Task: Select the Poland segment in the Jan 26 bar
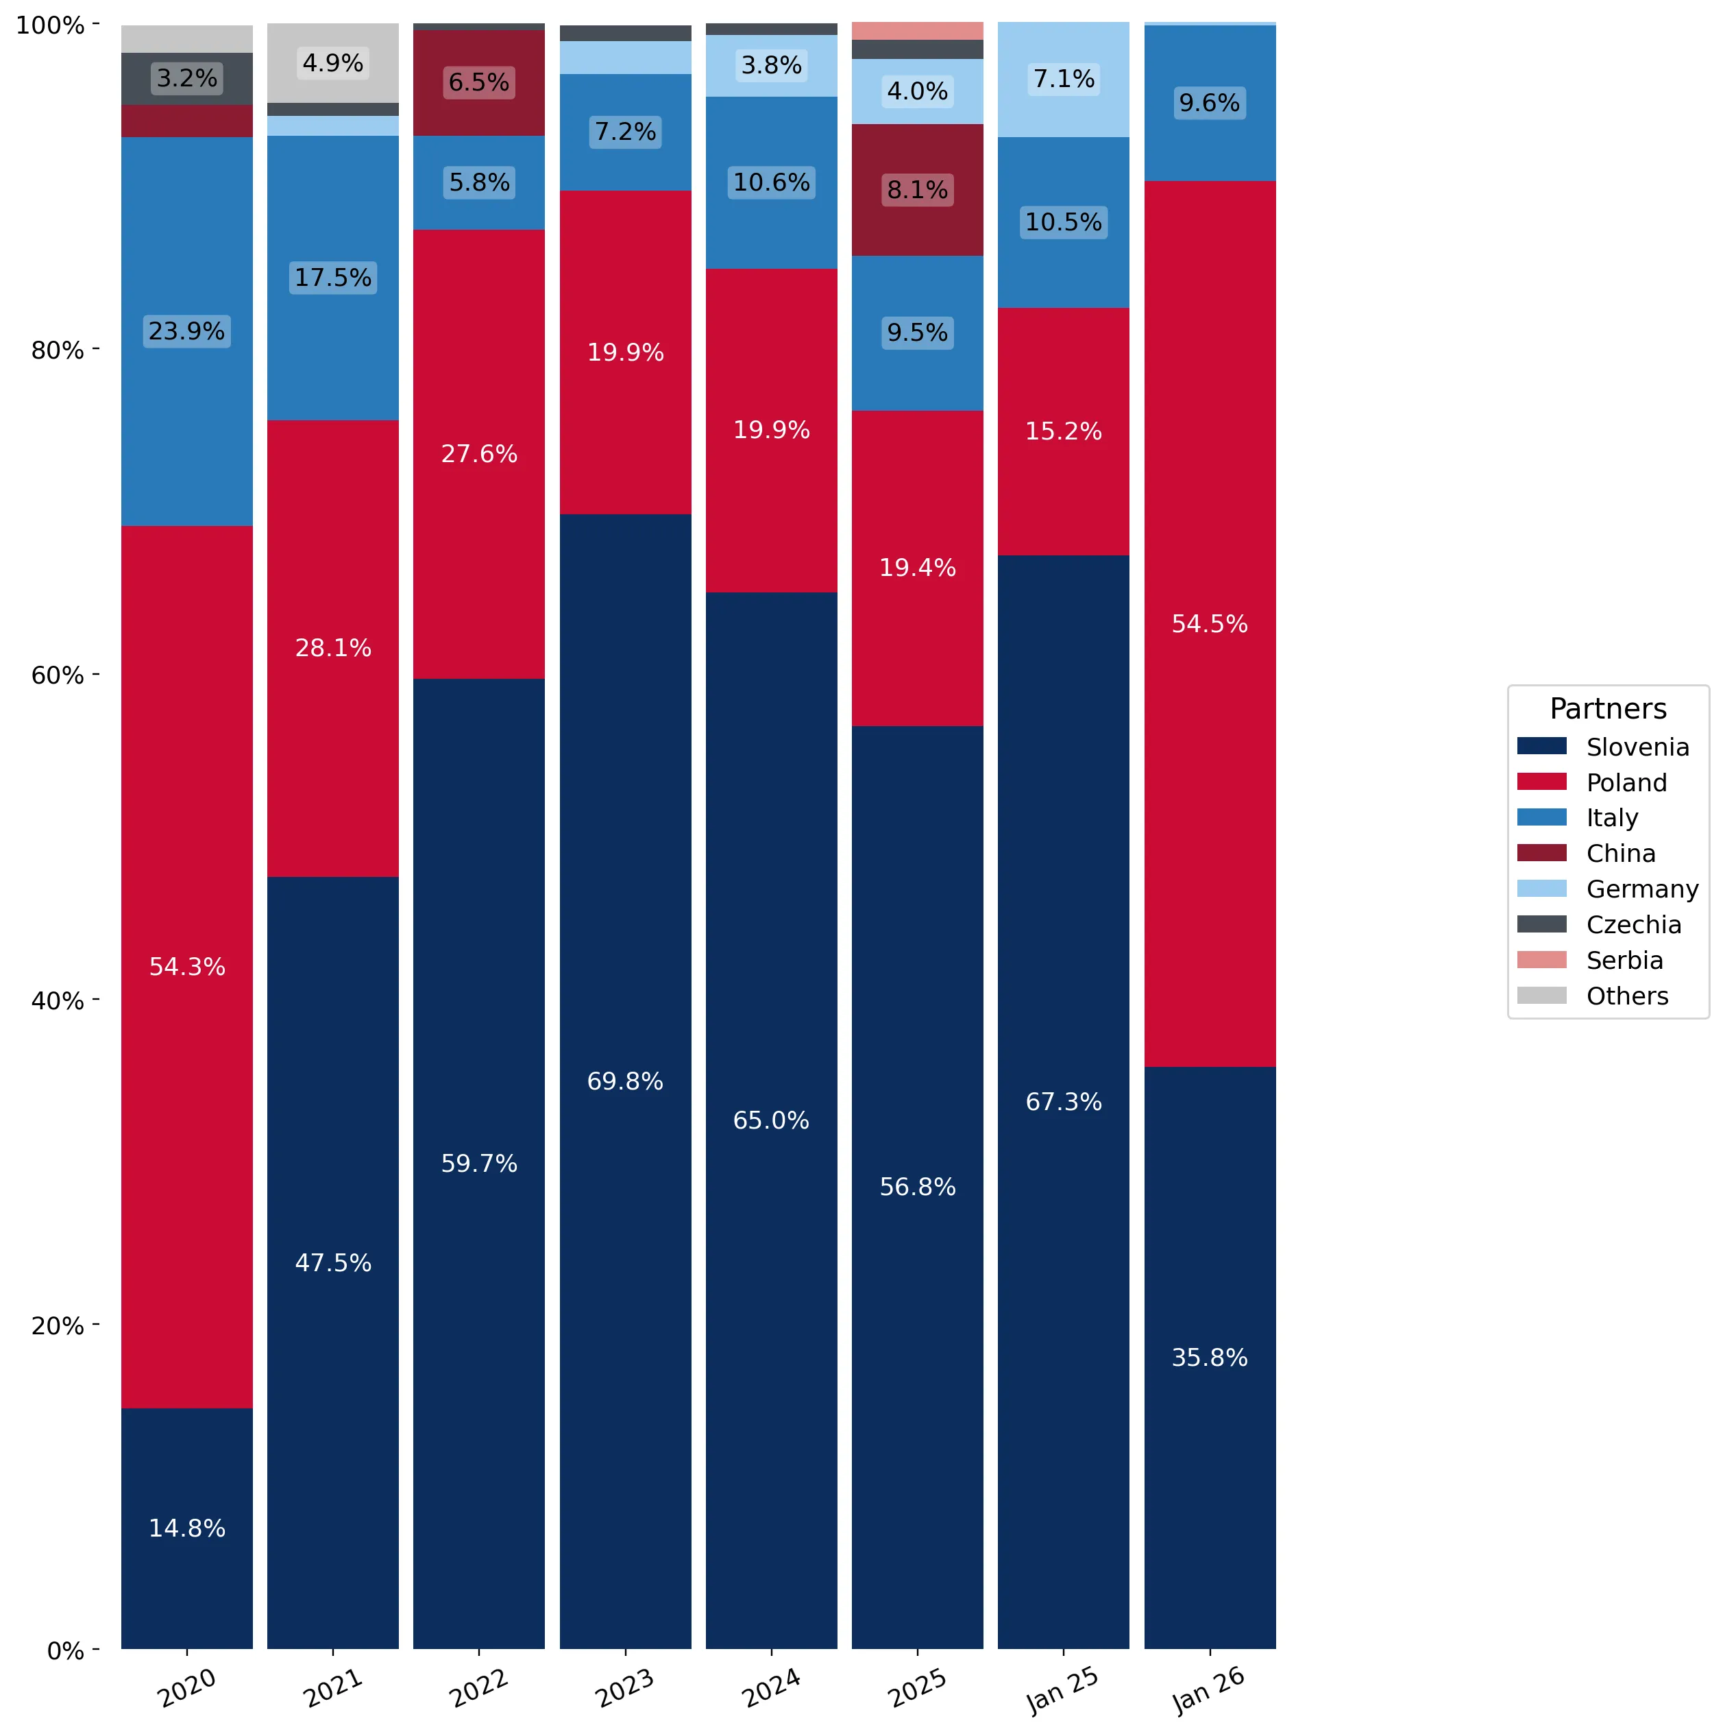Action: click(1210, 624)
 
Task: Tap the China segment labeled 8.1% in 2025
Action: click(918, 190)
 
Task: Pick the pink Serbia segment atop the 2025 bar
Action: click(918, 32)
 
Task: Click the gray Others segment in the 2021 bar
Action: click(332, 63)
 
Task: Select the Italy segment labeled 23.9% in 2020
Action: click(187, 332)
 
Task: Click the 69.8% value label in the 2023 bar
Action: click(626, 1081)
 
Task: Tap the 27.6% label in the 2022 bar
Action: click(479, 454)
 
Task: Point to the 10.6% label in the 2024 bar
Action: click(771, 182)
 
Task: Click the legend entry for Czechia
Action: click(1600, 924)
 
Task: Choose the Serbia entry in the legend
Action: click(1591, 960)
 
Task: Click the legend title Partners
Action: click(1608, 708)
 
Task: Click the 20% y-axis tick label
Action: click(58, 1325)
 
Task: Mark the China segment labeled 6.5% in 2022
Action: click(479, 84)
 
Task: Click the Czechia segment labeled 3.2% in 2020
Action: click(187, 79)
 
